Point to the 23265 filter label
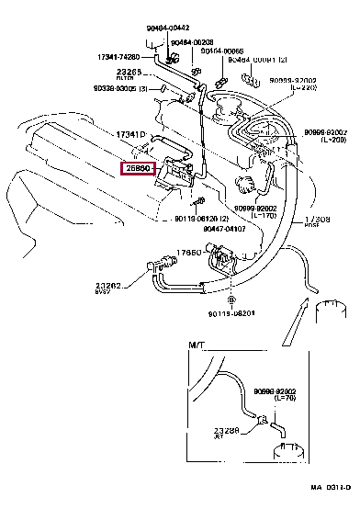129,73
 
